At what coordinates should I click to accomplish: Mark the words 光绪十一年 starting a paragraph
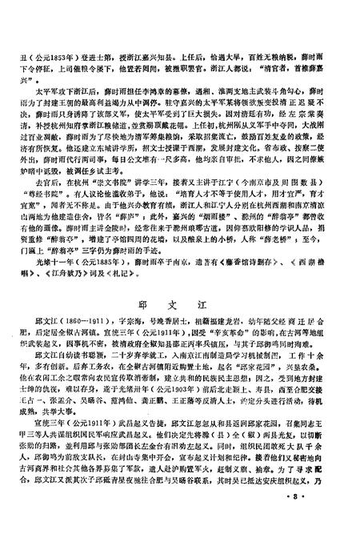click(62, 262)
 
